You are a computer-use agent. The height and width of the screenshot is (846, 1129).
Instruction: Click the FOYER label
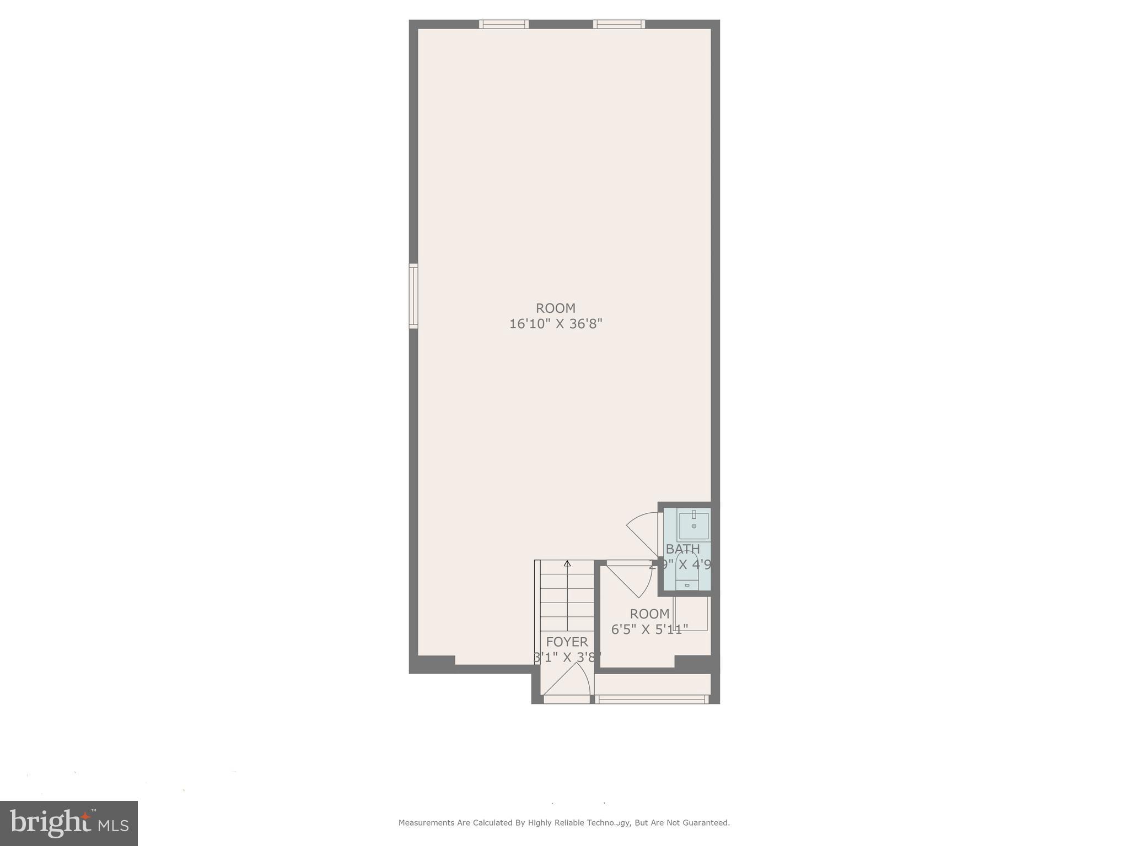coord(567,642)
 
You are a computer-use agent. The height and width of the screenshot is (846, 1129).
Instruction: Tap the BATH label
coord(682,549)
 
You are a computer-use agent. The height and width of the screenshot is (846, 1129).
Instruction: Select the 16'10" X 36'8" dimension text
coord(555,324)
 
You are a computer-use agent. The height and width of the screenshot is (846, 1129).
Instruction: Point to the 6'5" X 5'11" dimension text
coord(649,629)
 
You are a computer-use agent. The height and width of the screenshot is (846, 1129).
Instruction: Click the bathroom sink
coord(693,525)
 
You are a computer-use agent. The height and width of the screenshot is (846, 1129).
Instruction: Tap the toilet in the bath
coord(687,576)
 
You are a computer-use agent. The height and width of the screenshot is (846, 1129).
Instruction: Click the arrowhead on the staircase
coord(567,563)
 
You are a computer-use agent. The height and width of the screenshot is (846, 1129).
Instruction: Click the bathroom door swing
coord(643,532)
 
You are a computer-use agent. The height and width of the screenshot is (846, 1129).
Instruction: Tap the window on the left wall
coord(413,296)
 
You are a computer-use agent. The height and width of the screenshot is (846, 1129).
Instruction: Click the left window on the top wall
coord(503,24)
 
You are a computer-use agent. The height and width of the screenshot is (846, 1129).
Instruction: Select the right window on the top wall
coord(619,24)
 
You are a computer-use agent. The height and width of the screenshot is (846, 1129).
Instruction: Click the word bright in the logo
coord(50,823)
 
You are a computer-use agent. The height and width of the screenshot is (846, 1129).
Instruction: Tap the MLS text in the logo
coord(114,826)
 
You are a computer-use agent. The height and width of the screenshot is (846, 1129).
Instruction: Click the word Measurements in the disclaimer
coord(427,823)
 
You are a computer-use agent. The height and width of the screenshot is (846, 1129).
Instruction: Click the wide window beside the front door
coord(652,699)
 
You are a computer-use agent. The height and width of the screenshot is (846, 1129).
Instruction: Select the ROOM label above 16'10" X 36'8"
coord(555,308)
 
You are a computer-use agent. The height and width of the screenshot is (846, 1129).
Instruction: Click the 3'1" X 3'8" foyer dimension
coord(567,657)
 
